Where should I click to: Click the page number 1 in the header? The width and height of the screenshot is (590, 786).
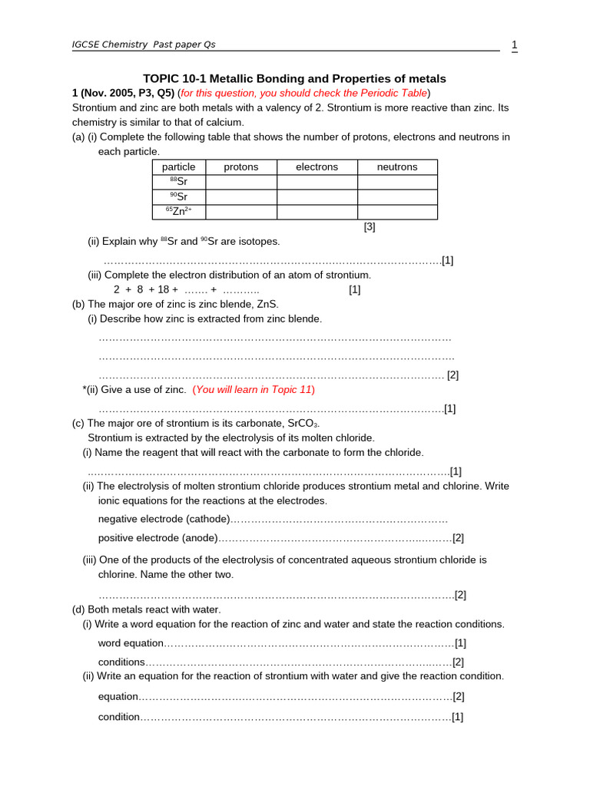click(x=514, y=45)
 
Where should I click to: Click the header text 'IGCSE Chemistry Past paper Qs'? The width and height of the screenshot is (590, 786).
click(x=144, y=45)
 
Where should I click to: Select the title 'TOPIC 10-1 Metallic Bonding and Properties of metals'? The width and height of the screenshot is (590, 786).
click(x=295, y=79)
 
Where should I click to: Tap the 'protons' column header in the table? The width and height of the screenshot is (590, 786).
click(x=240, y=167)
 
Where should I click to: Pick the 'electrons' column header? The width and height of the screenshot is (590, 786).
click(x=317, y=167)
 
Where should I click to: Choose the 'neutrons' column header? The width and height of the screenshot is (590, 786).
click(x=397, y=167)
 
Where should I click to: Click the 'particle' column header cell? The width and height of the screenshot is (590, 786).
click(x=178, y=167)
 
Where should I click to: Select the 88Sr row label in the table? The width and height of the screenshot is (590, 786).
click(x=178, y=182)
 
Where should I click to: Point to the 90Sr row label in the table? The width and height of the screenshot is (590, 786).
click(x=178, y=196)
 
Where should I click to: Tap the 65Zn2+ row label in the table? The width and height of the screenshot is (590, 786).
click(x=178, y=212)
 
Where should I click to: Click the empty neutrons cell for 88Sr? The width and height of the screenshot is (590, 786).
click(x=397, y=182)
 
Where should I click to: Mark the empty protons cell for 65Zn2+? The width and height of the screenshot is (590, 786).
click(x=240, y=212)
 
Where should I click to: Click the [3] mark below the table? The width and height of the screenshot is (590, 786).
click(x=370, y=227)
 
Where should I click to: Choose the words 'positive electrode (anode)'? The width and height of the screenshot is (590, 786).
click(x=158, y=538)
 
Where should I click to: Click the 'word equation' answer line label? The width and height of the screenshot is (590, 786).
click(x=131, y=643)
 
